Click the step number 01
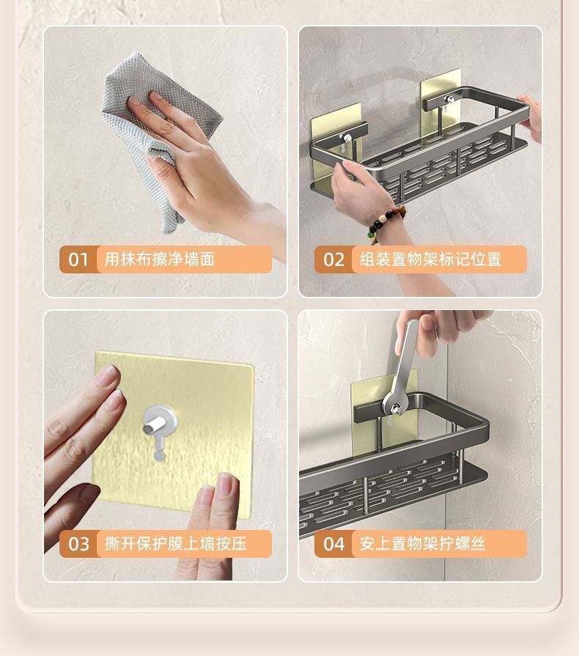click(x=78, y=259)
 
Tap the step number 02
click(x=333, y=259)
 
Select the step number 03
click(x=78, y=544)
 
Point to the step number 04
click(x=334, y=544)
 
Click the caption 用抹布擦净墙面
click(x=159, y=259)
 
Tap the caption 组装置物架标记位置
click(x=430, y=259)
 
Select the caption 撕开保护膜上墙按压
click(x=175, y=544)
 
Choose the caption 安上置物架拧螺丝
click(x=423, y=544)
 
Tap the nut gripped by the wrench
click(x=394, y=408)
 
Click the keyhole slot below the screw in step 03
click(x=159, y=451)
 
